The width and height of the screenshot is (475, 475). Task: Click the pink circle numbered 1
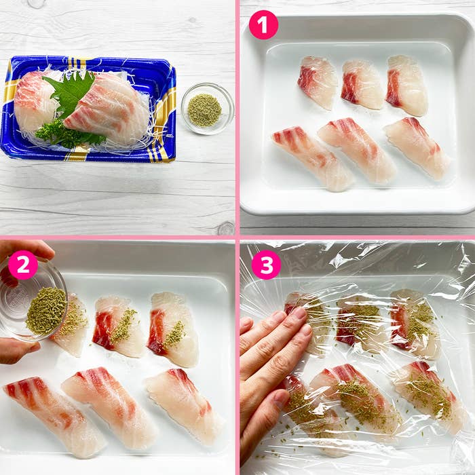pos(263,25)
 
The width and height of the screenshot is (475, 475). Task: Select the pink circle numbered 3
pos(266,265)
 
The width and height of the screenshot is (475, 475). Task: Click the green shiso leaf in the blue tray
pos(72,91)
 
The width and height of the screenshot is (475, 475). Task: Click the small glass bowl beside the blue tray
pos(208,109)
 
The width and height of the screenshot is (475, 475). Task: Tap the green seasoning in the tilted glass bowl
pos(46,311)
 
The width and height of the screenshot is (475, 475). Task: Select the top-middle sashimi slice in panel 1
pos(362,84)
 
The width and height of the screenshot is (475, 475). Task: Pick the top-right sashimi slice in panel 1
pos(407,85)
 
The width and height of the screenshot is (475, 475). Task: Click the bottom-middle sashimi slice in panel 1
pos(358,151)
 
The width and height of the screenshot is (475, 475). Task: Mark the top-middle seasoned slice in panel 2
pos(119,327)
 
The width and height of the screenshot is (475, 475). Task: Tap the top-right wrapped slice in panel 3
pos(415,324)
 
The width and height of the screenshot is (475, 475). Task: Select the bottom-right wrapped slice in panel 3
pos(430,396)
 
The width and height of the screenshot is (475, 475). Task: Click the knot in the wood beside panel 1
pos(226,228)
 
